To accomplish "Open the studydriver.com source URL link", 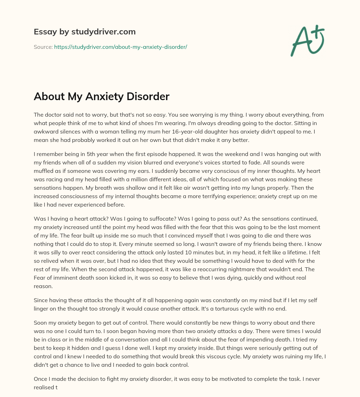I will (121, 47).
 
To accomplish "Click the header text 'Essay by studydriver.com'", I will (85, 32).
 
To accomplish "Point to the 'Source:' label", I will (43, 47).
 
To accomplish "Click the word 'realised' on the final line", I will (45, 388).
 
